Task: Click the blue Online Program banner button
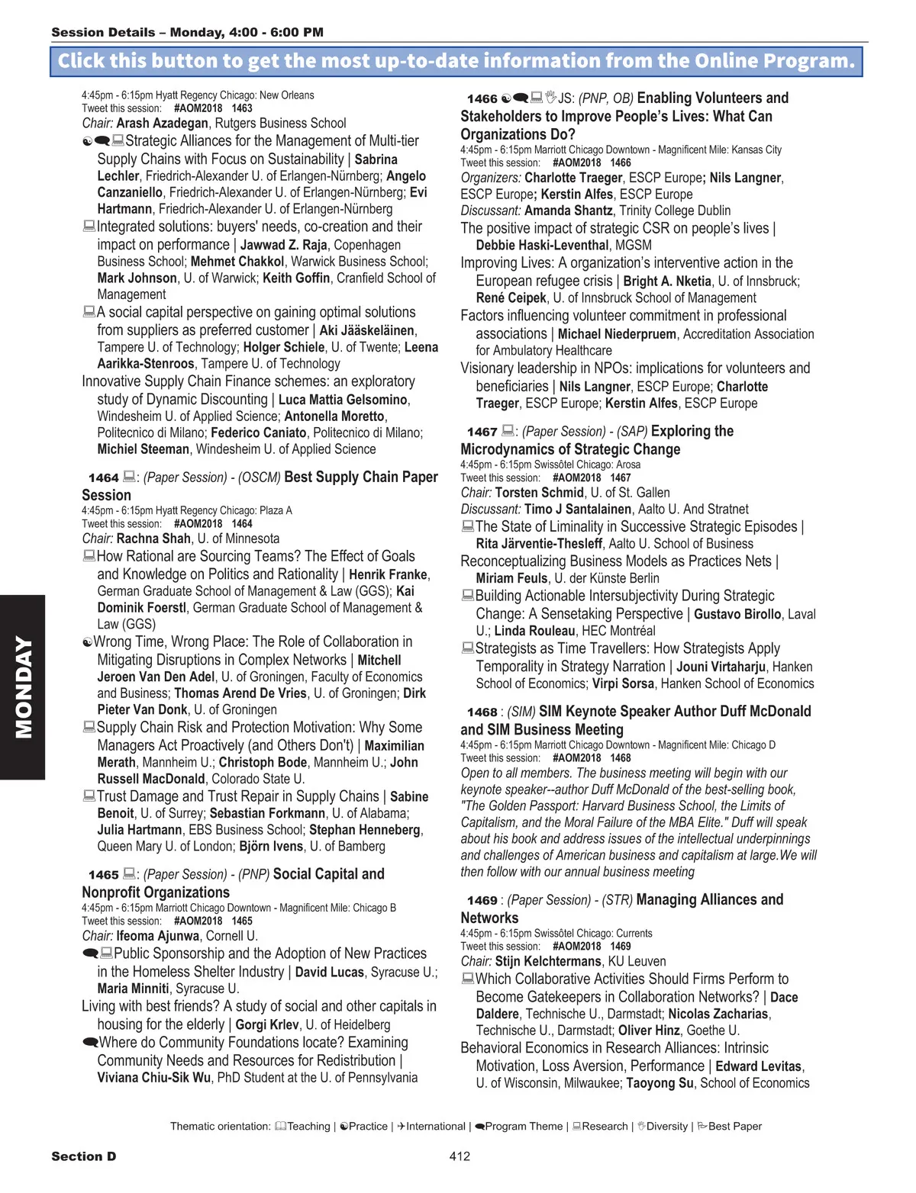tap(456, 61)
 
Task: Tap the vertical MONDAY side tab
tap(23, 687)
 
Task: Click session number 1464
tap(103, 478)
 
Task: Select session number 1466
tap(482, 99)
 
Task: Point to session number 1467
tap(482, 433)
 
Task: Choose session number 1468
tap(482, 712)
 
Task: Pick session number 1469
tap(482, 901)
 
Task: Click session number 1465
tap(103, 875)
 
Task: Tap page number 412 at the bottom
tap(460, 1156)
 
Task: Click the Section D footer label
tap(83, 1156)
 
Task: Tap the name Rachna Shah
tap(153, 539)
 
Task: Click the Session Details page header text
tap(187, 32)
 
